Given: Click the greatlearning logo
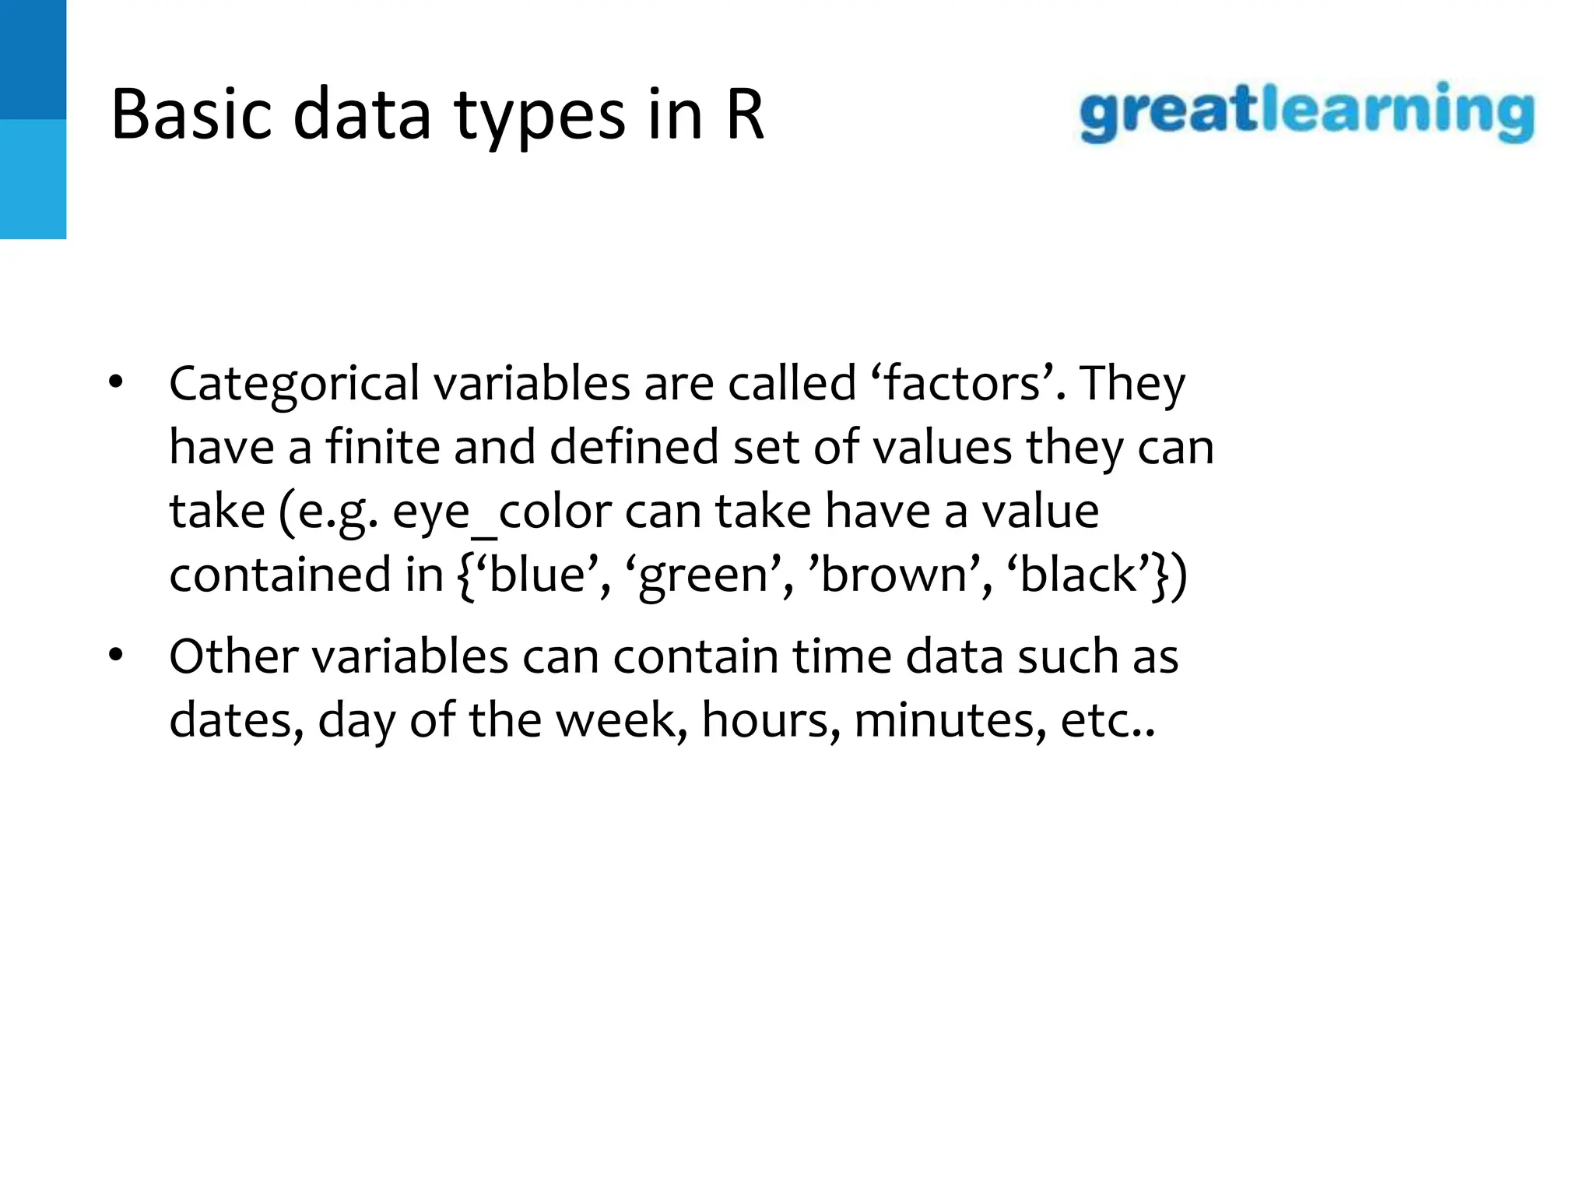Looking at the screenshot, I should [x=1307, y=113].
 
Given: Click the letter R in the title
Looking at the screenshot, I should [x=745, y=115].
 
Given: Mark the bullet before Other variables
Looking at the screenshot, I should [x=116, y=656].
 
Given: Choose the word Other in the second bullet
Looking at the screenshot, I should [x=233, y=656].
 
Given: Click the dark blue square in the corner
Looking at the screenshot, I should [x=33, y=59].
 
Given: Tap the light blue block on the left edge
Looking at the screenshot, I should [x=33, y=179].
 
